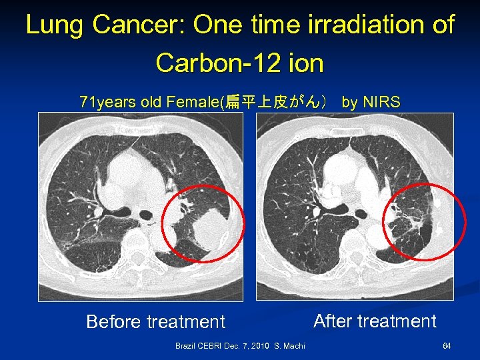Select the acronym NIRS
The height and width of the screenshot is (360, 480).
381,102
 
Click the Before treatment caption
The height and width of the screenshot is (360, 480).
156,322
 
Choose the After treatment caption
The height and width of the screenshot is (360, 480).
375,321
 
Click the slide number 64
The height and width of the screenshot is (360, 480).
447,346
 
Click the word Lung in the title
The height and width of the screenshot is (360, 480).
55,25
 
